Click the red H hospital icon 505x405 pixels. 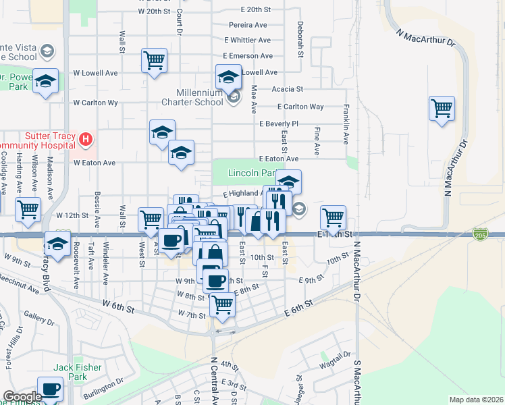click(85, 140)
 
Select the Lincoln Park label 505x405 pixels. click(252, 173)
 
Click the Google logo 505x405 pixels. click(22, 397)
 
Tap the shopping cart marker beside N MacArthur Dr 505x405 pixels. click(442, 108)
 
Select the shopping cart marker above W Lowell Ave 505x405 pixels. click(155, 60)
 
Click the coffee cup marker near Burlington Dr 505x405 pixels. click(51, 389)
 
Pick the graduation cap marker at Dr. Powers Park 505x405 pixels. click(46, 81)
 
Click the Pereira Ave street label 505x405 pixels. click(248, 24)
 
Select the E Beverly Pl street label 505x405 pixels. click(278, 124)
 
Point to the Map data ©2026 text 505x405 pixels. click(477, 400)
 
